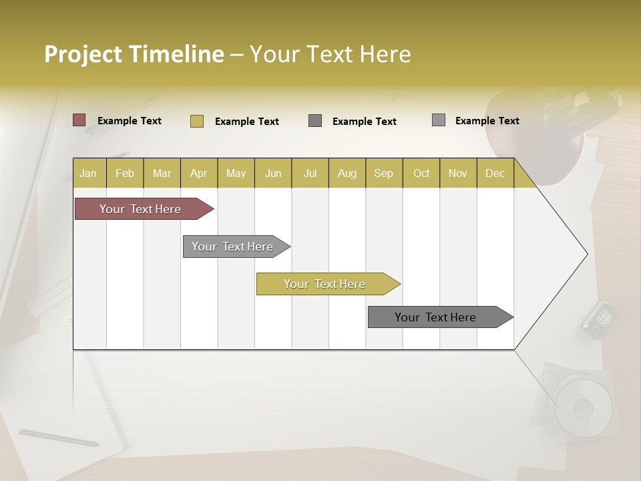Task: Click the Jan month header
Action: (88, 173)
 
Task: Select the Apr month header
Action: (198, 173)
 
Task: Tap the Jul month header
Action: (310, 173)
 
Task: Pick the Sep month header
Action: (383, 173)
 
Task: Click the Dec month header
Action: (495, 173)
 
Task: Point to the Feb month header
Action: (125, 173)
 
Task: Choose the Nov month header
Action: (457, 173)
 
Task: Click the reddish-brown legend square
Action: (79, 120)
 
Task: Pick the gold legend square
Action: (197, 121)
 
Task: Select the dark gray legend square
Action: (315, 121)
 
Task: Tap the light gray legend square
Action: (439, 120)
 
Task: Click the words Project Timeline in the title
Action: (134, 54)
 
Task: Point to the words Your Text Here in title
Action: (330, 54)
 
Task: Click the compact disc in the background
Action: (583, 407)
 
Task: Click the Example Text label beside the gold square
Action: (246, 122)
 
